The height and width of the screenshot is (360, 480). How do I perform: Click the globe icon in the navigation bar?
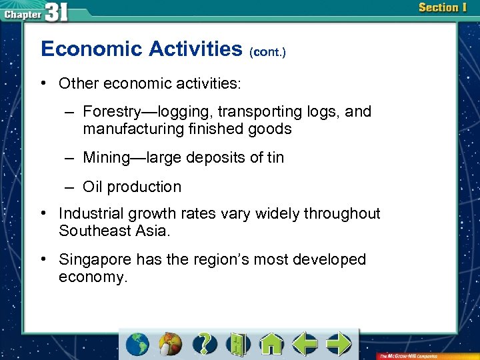click(x=138, y=344)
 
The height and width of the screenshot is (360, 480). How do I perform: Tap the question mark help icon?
click(x=206, y=344)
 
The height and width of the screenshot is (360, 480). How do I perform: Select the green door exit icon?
click(x=238, y=344)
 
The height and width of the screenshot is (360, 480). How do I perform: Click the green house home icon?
click(x=271, y=344)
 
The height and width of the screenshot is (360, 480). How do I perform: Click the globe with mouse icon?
click(x=171, y=344)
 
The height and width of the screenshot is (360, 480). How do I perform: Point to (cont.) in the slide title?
click(x=267, y=51)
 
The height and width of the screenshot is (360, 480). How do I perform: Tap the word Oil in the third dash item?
click(x=93, y=187)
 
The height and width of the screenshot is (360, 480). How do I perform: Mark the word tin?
click(x=275, y=158)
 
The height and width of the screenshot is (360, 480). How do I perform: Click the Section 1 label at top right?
click(x=443, y=8)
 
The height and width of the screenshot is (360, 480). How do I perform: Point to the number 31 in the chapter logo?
click(x=57, y=11)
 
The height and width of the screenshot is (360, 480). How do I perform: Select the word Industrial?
click(x=89, y=214)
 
